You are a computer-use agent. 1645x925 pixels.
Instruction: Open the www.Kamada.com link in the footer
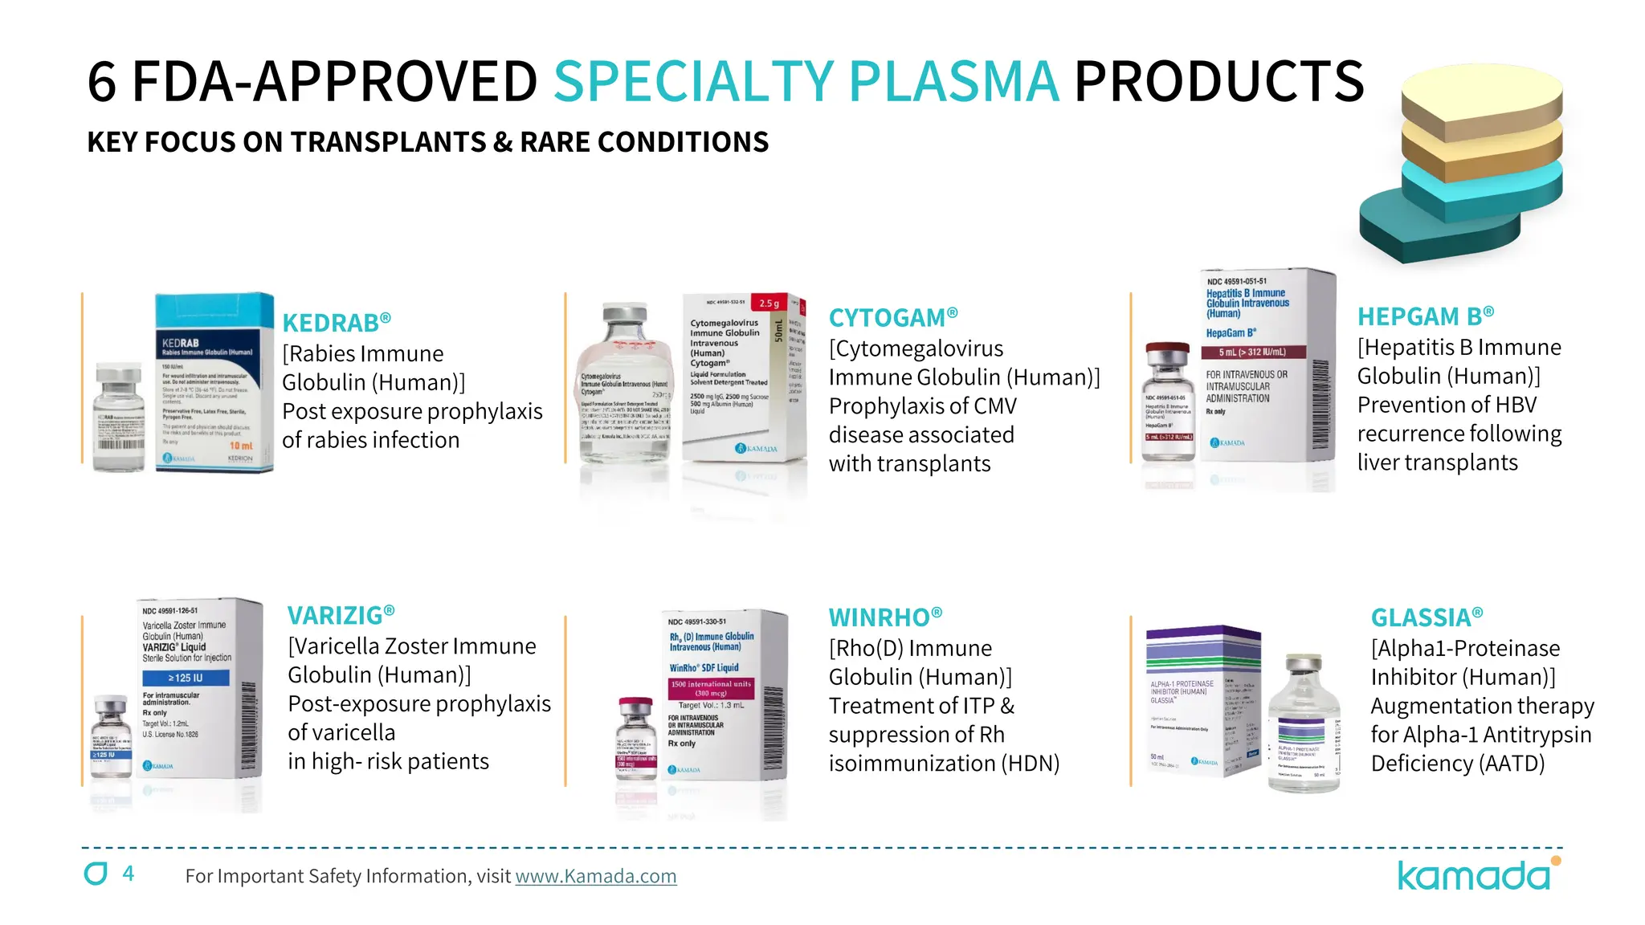[595, 876]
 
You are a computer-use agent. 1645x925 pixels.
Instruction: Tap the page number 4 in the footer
[129, 874]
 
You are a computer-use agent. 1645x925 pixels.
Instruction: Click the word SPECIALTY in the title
[694, 82]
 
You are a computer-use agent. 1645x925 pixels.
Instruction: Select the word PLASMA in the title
[953, 82]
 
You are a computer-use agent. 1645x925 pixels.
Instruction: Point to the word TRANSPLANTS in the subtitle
[387, 142]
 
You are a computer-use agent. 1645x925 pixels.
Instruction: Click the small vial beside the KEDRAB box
[119, 418]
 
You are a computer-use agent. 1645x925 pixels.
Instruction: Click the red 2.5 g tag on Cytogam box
[769, 304]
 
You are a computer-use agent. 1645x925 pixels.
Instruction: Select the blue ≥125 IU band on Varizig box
[186, 678]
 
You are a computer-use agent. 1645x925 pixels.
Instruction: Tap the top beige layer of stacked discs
[1482, 90]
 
